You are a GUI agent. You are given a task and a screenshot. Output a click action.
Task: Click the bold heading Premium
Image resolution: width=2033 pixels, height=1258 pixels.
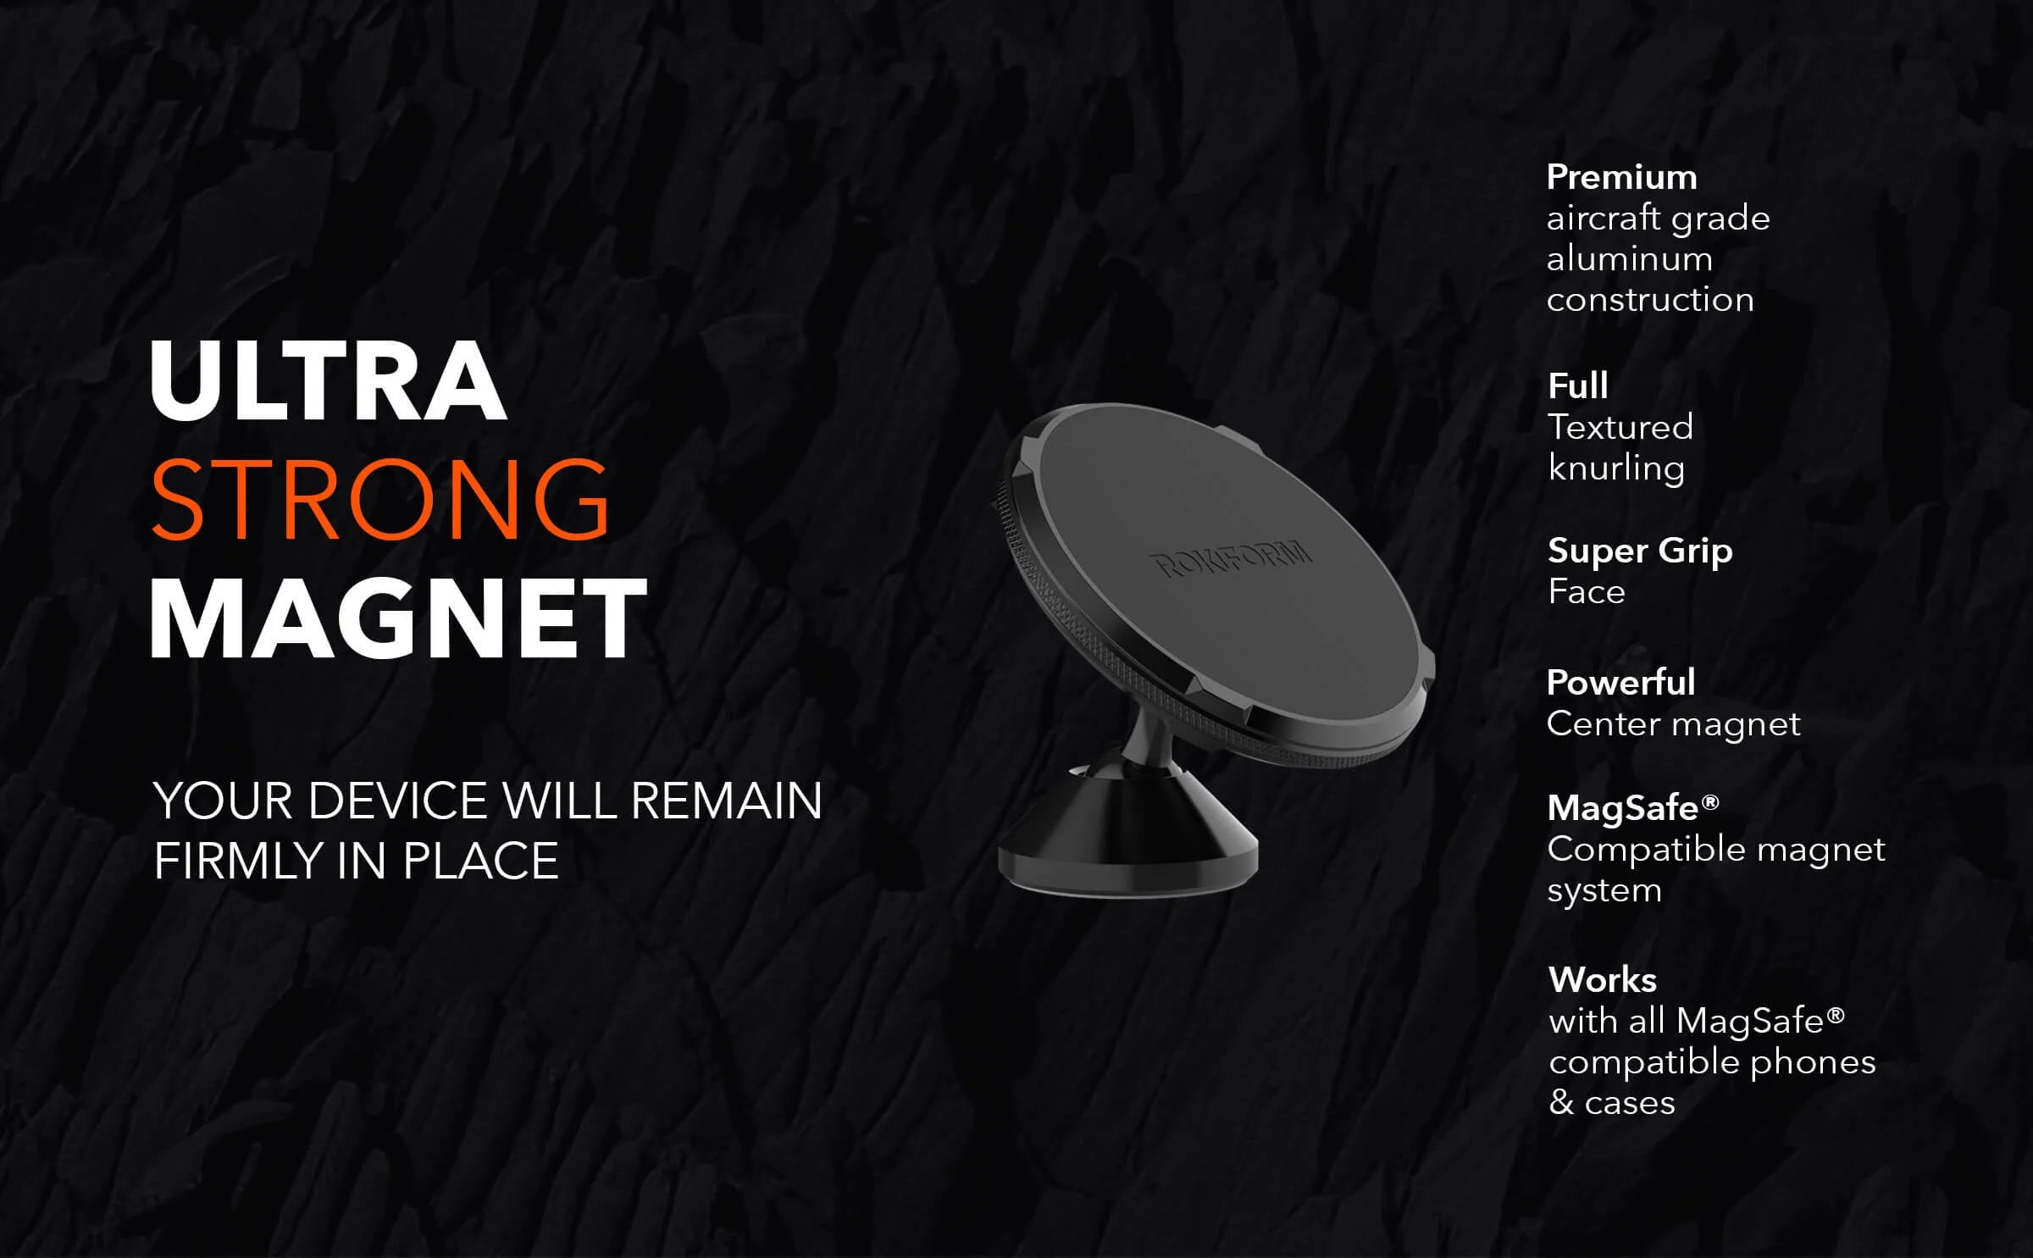tap(1622, 178)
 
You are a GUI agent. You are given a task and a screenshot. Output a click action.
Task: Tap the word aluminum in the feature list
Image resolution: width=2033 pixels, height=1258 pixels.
tap(1630, 259)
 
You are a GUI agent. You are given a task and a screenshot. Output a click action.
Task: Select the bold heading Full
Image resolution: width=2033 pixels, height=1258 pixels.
tap(1578, 386)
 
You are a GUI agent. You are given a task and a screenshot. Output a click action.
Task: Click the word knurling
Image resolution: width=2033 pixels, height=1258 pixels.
tap(1616, 469)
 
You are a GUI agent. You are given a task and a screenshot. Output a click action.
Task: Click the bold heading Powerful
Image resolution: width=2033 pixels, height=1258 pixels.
tap(1621, 683)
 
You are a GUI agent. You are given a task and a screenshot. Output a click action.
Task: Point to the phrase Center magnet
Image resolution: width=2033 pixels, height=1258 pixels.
tap(1674, 725)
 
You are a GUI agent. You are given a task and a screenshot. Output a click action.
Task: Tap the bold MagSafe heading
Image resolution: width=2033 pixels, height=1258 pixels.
tap(1633, 808)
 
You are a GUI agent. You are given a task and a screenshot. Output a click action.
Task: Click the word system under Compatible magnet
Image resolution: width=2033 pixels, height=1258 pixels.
tap(1604, 891)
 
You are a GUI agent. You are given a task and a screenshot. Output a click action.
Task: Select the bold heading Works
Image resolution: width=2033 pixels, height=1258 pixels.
tap(1603, 980)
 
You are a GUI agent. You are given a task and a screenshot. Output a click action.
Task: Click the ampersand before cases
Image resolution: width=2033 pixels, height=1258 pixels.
tap(1561, 1103)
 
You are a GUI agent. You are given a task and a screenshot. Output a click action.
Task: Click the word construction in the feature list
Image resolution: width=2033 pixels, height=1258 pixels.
tap(1650, 300)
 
